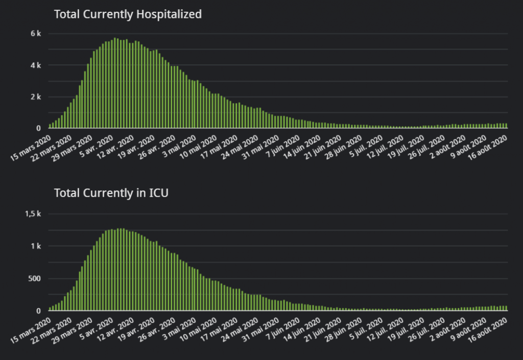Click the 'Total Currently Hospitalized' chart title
128,14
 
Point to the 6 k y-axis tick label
36,34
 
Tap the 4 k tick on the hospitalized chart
36,65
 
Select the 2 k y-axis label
36,97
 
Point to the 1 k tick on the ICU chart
36,246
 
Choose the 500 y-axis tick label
34,279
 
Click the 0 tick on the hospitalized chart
38,128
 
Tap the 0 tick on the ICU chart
38,311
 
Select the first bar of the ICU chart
50,308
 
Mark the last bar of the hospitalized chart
506,126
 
